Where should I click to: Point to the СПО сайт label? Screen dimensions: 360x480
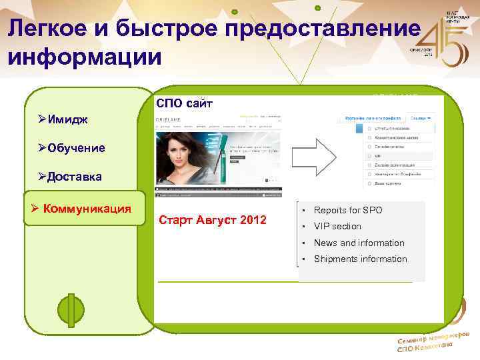(x=184, y=103)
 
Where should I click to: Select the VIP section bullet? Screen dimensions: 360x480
(x=337, y=227)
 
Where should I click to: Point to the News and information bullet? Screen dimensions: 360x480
(x=359, y=243)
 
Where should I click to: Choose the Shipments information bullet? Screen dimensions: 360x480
(x=360, y=259)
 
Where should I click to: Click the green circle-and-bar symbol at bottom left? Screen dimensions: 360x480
(x=70, y=310)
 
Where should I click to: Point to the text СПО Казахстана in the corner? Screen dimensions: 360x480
(x=424, y=347)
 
